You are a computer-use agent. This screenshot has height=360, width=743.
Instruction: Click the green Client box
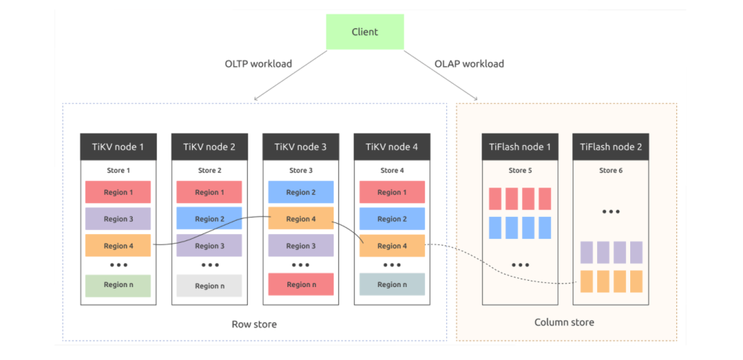coord(365,32)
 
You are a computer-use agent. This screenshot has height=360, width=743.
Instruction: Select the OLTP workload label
coord(258,64)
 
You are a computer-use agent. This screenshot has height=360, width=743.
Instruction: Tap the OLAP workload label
coord(469,64)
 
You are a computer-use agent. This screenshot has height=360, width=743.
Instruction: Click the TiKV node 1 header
coord(118,147)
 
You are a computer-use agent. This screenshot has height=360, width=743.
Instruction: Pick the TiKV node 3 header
coord(301,147)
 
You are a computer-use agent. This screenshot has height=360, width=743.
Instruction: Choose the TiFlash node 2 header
coord(610,147)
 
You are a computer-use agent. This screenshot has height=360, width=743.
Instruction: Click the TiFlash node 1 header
coord(519,147)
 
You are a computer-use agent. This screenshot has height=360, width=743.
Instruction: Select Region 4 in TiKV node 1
coord(118,246)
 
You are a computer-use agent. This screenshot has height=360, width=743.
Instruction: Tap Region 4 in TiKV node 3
coord(301,219)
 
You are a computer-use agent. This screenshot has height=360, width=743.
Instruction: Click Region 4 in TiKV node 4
coord(391,246)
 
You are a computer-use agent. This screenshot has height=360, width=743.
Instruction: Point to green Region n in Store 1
coord(118,285)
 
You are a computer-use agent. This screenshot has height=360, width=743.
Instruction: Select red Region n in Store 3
coord(301,285)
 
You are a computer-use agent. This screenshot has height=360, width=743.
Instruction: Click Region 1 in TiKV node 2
coord(209,192)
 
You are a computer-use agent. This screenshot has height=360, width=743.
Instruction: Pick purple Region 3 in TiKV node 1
coord(118,219)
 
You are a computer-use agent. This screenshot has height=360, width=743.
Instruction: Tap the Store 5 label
coord(520,171)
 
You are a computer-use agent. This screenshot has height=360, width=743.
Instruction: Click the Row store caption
coord(254,324)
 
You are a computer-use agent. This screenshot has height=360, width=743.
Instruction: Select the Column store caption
coord(564,322)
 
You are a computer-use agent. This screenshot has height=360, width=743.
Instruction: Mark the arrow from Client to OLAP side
coord(440,74)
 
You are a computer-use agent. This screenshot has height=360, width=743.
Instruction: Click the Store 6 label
coord(611,171)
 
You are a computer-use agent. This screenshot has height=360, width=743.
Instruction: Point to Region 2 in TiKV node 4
coord(391,219)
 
